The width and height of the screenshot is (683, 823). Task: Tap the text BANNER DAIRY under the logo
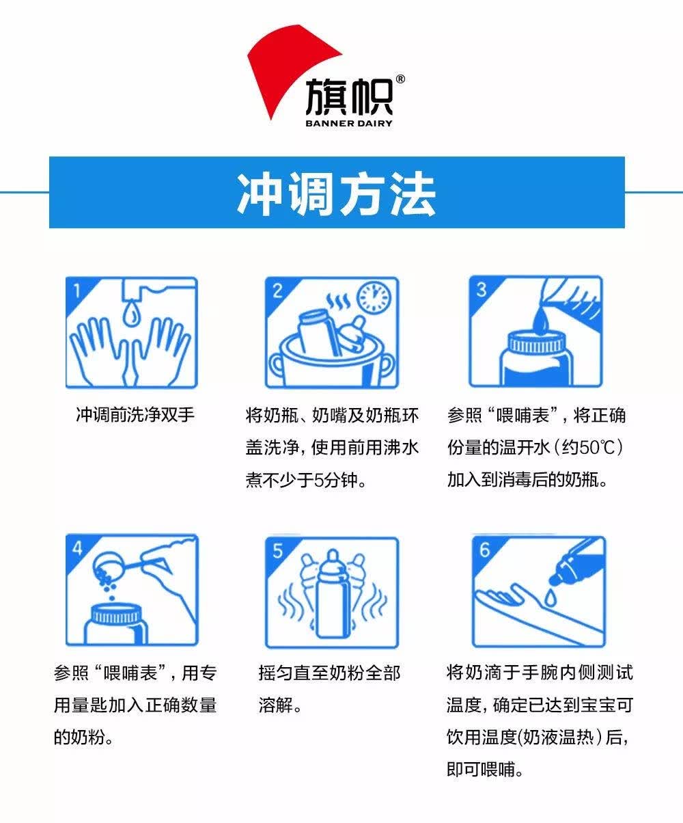tap(349, 123)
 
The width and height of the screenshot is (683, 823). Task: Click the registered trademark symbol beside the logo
tap(400, 79)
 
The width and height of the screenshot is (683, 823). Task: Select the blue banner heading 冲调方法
tap(337, 193)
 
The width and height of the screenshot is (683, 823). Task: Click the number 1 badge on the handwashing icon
tap(77, 291)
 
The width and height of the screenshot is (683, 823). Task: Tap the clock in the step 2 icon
tap(374, 297)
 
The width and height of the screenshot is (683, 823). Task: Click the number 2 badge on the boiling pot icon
tap(278, 291)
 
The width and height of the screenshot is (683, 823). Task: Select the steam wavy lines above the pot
tap(338, 302)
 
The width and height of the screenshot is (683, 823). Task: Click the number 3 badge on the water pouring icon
tap(482, 290)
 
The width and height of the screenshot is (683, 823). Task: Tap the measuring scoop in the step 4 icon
tap(118, 565)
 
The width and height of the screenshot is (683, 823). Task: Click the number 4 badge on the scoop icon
tap(78, 548)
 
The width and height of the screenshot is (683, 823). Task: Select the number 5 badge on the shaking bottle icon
tap(278, 551)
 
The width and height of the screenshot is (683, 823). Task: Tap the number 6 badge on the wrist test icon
tap(484, 550)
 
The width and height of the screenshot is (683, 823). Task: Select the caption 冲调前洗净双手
tap(135, 415)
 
